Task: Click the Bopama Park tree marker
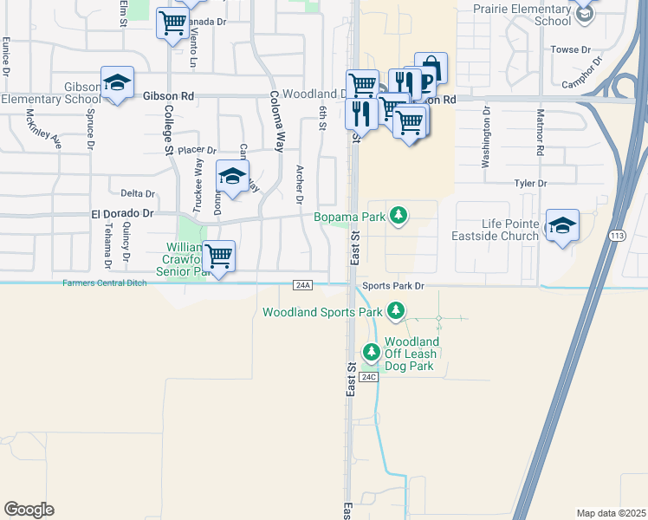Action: pyautogui.click(x=398, y=215)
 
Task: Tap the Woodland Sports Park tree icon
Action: pyautogui.click(x=396, y=310)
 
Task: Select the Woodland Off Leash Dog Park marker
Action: pyautogui.click(x=372, y=352)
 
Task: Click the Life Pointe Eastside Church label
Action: pyautogui.click(x=495, y=230)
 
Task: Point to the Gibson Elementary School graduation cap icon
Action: pyautogui.click(x=117, y=82)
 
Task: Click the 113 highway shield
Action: pyautogui.click(x=616, y=235)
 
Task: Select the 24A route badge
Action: pyautogui.click(x=302, y=284)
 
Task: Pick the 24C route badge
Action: pyautogui.click(x=369, y=377)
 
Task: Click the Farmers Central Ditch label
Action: pyautogui.click(x=104, y=283)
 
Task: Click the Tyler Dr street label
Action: pyautogui.click(x=531, y=184)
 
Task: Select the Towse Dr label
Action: pyautogui.click(x=569, y=50)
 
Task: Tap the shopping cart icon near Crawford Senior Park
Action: pyautogui.click(x=219, y=257)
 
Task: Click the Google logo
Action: pyautogui.click(x=29, y=510)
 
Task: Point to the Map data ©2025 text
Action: pyautogui.click(x=611, y=513)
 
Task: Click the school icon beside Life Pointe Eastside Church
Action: pyautogui.click(x=562, y=225)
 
